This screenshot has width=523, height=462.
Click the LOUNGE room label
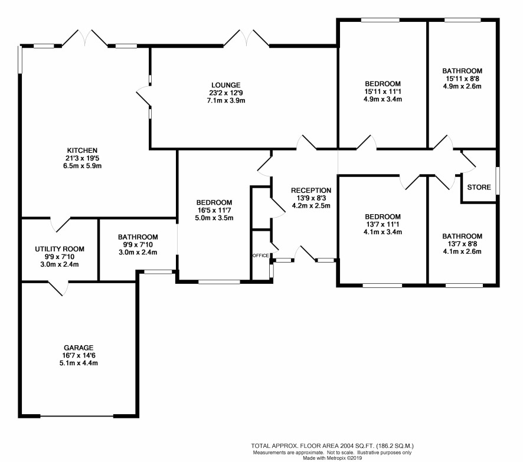point(226,85)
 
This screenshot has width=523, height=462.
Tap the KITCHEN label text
point(82,150)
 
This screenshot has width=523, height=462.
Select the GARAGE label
point(79,348)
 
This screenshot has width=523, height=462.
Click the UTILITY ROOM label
point(60,249)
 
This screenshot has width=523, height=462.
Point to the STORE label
point(479,187)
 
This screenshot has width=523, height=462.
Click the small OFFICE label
point(261,255)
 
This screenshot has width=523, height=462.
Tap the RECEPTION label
point(311,191)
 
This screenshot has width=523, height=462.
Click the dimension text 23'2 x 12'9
point(226,93)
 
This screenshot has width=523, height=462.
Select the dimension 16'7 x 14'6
point(79,355)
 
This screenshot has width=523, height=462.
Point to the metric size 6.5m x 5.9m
point(82,166)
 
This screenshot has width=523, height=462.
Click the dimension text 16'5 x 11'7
point(214,210)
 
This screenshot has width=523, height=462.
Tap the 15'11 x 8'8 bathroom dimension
point(462,78)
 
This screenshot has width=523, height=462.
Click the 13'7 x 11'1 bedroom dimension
point(383,224)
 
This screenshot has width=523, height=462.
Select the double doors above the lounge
point(247,38)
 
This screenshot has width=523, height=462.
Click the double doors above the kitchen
point(85,38)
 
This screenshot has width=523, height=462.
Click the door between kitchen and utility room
point(60,224)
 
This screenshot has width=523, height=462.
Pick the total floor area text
point(332,445)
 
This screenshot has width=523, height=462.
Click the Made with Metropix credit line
point(332,458)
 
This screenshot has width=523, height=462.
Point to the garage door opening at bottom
point(77,416)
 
